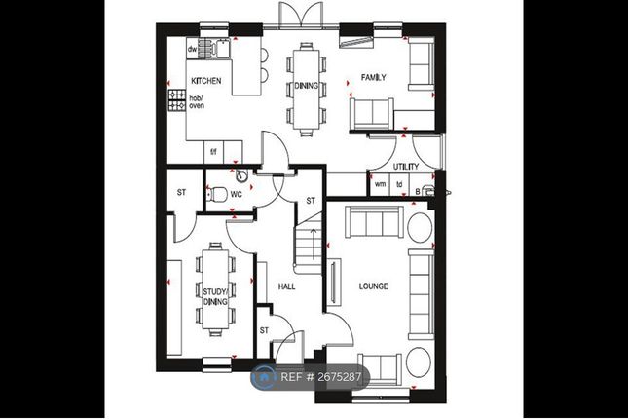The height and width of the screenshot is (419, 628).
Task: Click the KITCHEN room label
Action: pyautogui.click(x=205, y=81)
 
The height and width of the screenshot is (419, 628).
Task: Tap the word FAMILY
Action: pyautogui.click(x=373, y=77)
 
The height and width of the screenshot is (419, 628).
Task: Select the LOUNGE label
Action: pyautogui.click(x=373, y=286)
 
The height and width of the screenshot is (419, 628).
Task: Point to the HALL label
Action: pyautogui.click(x=287, y=286)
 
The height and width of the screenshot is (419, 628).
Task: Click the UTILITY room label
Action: pyautogui.click(x=406, y=167)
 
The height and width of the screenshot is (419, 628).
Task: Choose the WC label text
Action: pyautogui.click(x=237, y=195)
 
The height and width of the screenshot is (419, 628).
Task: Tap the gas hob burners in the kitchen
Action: pyautogui.click(x=176, y=99)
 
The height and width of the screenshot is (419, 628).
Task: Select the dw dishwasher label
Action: pyautogui.click(x=192, y=50)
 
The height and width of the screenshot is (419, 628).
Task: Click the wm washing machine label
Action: pyautogui.click(x=380, y=184)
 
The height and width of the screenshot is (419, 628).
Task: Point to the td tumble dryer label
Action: pyautogui.click(x=399, y=184)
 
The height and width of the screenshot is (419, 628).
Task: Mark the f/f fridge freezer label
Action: pyautogui.click(x=213, y=152)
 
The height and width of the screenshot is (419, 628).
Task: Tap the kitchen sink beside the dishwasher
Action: pyautogui.click(x=222, y=49)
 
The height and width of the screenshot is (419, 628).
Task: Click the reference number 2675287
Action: pyautogui.click(x=339, y=377)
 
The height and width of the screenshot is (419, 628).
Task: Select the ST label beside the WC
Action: pyautogui.click(x=181, y=192)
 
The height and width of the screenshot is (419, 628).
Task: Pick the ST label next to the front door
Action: pyautogui.click(x=264, y=330)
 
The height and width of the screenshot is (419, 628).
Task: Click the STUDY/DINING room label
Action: pyautogui.click(x=215, y=296)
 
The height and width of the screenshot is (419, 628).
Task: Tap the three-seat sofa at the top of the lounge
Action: pyautogui.click(x=375, y=222)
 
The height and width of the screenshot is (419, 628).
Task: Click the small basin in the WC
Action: pyautogui.click(x=241, y=174)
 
